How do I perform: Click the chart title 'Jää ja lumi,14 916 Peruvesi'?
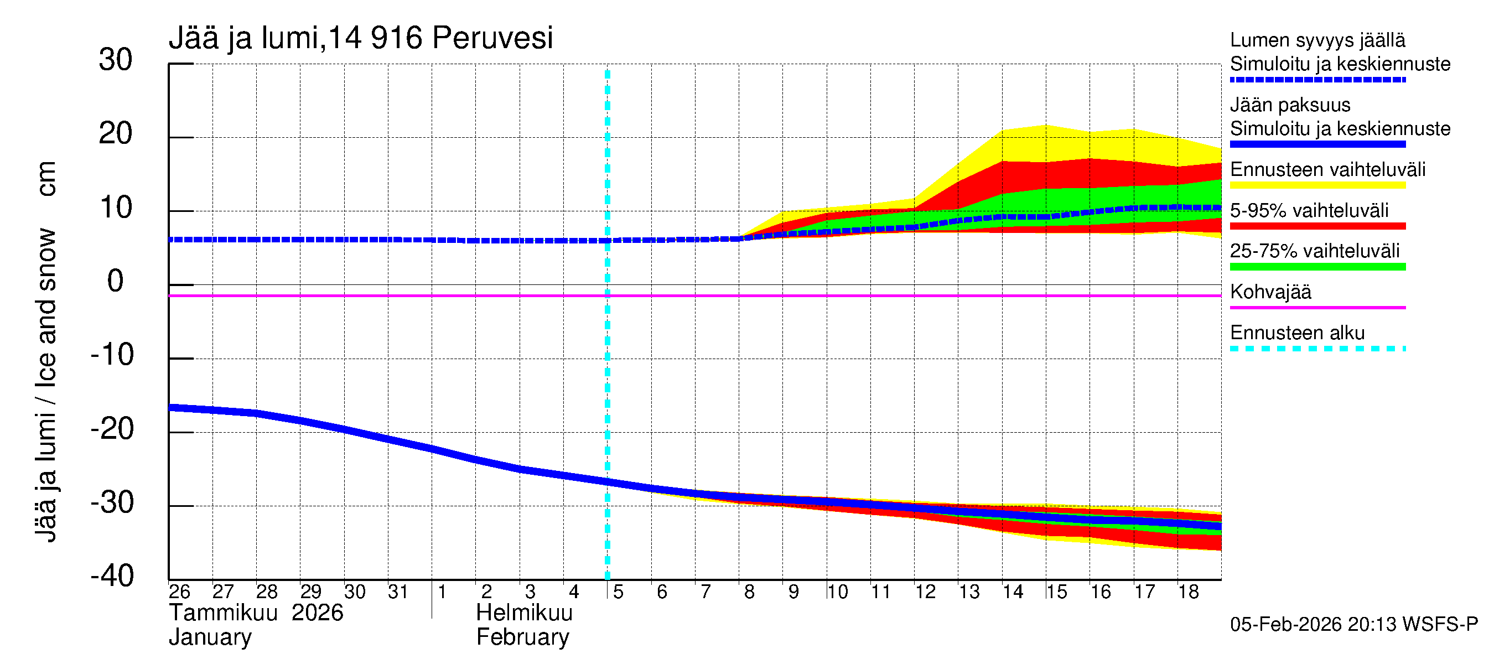(360, 38)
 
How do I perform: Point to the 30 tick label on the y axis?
(116, 60)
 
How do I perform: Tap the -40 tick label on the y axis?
(112, 577)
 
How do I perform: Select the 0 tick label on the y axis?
(116, 282)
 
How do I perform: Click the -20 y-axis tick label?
(112, 430)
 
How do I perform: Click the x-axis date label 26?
(179, 592)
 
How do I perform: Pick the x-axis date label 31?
(398, 592)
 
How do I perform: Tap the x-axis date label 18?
(1188, 592)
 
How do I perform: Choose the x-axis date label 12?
(925, 592)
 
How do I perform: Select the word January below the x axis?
(210, 637)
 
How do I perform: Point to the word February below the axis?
(522, 637)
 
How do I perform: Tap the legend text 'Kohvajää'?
(1270, 292)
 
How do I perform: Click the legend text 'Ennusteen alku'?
(1297, 333)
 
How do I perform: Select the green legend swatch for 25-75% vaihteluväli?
(1317, 267)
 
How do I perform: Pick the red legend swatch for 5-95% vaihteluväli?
(1317, 226)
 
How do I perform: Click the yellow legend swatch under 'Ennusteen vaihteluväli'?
(1317, 185)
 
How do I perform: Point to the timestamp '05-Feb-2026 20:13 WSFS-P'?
(1353, 625)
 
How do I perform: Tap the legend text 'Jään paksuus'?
(1290, 105)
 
